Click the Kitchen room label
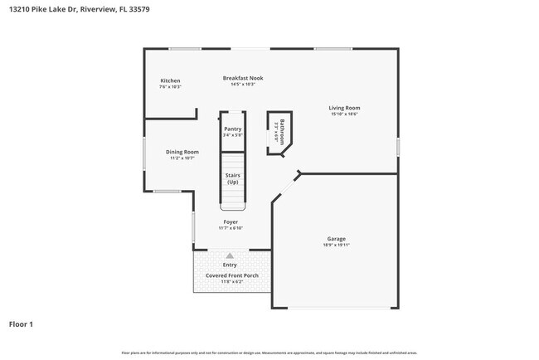point(170,80)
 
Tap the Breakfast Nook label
point(243,78)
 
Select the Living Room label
point(344,108)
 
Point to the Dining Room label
point(182,152)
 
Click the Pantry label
point(233,129)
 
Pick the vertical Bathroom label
point(282,132)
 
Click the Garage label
point(336,239)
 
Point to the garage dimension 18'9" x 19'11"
point(336,246)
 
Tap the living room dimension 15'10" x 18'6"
point(344,114)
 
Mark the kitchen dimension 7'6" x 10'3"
point(170,86)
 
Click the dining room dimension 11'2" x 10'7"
point(182,158)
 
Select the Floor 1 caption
point(21,324)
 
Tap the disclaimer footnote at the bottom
point(269,353)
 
